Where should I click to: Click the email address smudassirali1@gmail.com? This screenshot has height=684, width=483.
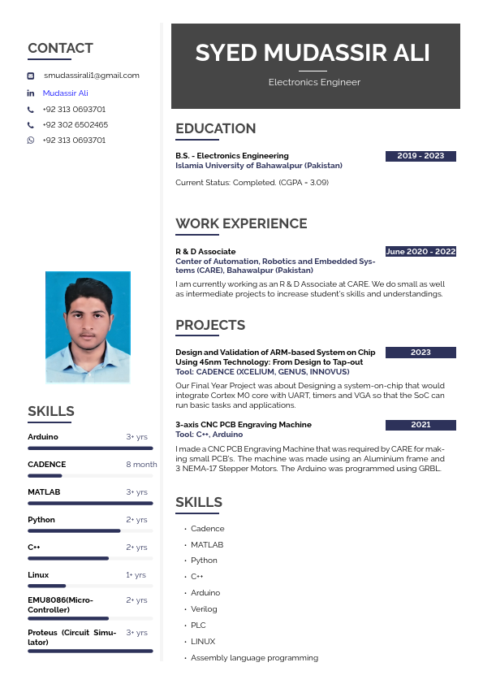91,76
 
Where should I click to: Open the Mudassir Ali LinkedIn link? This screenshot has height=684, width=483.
65,93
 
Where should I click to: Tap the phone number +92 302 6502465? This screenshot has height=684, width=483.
75,125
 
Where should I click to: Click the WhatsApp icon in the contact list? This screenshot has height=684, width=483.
31,141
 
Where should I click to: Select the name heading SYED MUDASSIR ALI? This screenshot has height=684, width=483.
313,54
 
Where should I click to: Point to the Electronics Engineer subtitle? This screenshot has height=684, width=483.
314,82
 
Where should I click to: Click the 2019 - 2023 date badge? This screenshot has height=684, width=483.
420,156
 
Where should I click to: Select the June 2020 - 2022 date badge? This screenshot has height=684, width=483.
420,252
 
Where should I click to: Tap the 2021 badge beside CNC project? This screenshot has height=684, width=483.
420,425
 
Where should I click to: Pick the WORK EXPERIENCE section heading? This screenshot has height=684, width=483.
241,224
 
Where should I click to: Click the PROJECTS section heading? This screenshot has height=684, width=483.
210,326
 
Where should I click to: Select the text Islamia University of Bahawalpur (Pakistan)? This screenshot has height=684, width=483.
259,166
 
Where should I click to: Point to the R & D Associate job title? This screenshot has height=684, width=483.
205,252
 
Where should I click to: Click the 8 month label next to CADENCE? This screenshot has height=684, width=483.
141,465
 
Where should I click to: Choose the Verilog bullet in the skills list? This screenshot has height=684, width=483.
204,609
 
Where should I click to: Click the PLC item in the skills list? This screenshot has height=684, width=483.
198,626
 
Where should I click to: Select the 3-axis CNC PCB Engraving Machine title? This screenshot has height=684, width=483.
243,425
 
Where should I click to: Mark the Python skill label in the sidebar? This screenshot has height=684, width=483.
41,520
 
